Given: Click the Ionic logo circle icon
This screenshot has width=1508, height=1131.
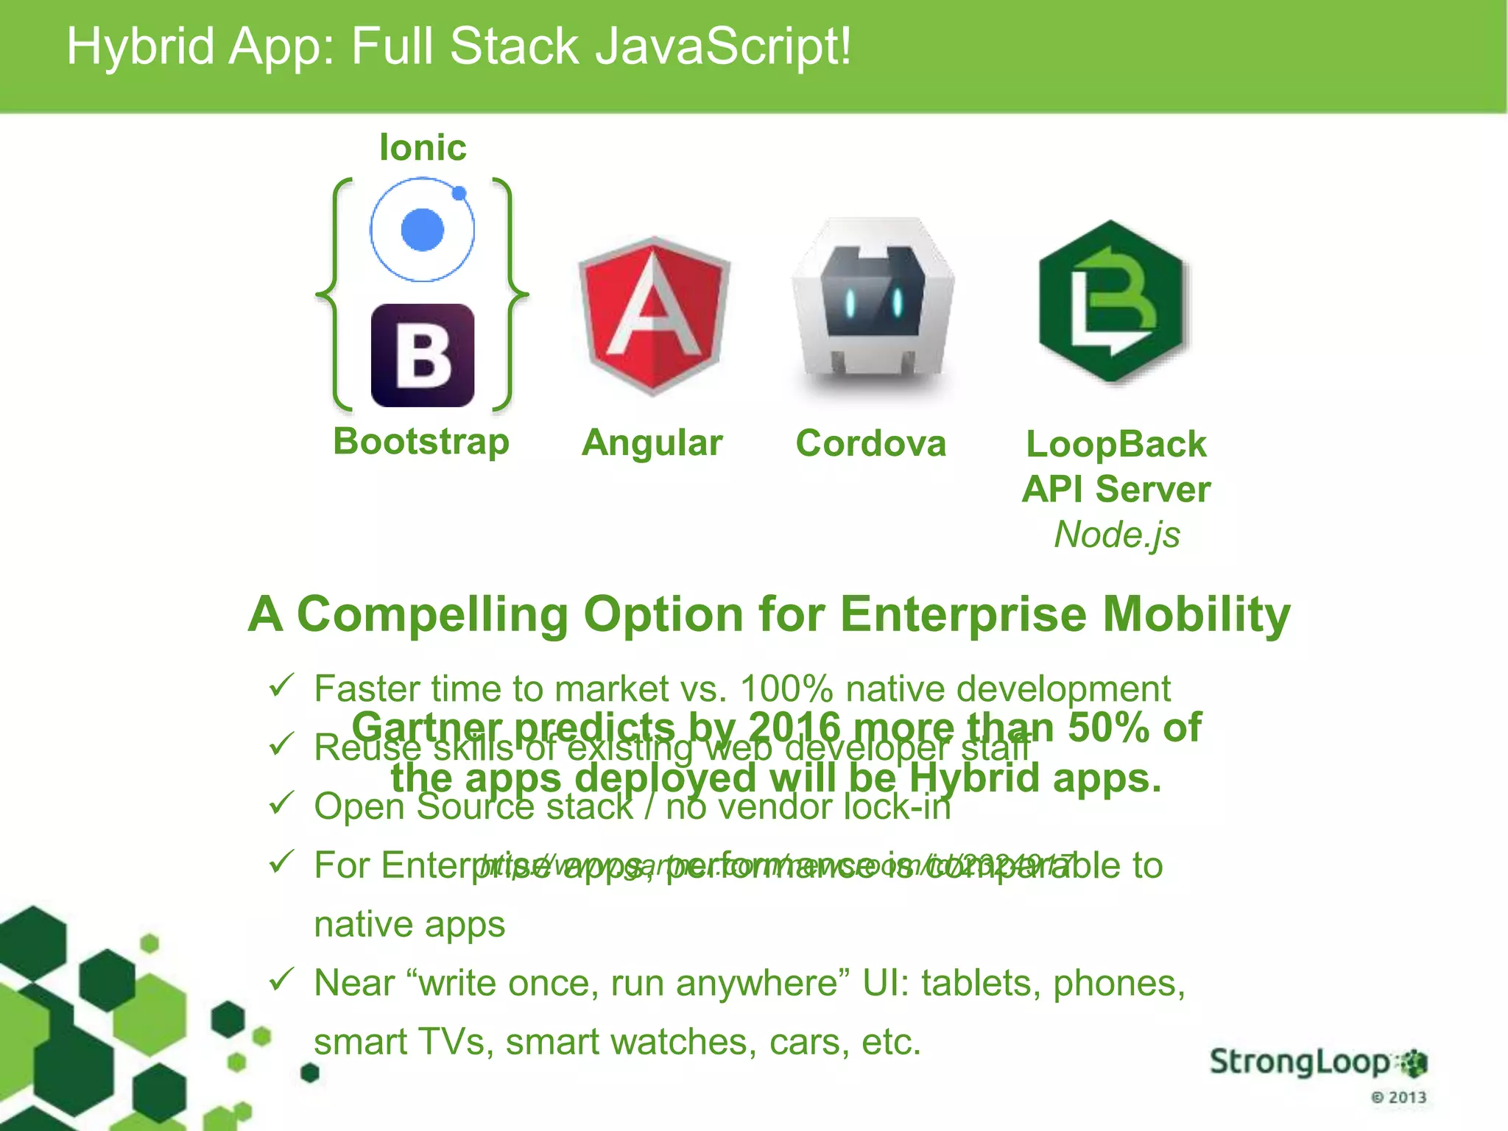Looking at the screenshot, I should click(x=422, y=229).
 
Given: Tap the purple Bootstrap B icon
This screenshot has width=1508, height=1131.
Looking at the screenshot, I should click(x=422, y=355).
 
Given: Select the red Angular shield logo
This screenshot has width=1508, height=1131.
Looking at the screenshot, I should click(x=654, y=315).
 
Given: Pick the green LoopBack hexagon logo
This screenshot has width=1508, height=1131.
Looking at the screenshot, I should click(x=1111, y=302).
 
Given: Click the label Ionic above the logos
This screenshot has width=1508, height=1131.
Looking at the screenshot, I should click(x=423, y=147).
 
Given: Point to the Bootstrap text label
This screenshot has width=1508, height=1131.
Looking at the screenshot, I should click(x=421, y=442).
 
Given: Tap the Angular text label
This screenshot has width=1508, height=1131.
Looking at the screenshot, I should click(x=652, y=443).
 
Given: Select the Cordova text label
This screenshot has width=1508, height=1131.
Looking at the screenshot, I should click(x=871, y=443).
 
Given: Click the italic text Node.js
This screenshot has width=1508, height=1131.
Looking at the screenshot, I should click(x=1116, y=535).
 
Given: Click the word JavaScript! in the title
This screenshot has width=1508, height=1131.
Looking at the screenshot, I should click(x=722, y=46).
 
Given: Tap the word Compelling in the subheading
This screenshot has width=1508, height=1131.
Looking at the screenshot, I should click(x=432, y=614).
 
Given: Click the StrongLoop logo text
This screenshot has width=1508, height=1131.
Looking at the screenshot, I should click(x=1300, y=1063).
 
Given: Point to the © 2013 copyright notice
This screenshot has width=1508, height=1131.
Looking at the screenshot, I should click(x=1398, y=1097).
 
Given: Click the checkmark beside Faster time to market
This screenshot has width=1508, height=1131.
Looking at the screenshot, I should click(x=281, y=686).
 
